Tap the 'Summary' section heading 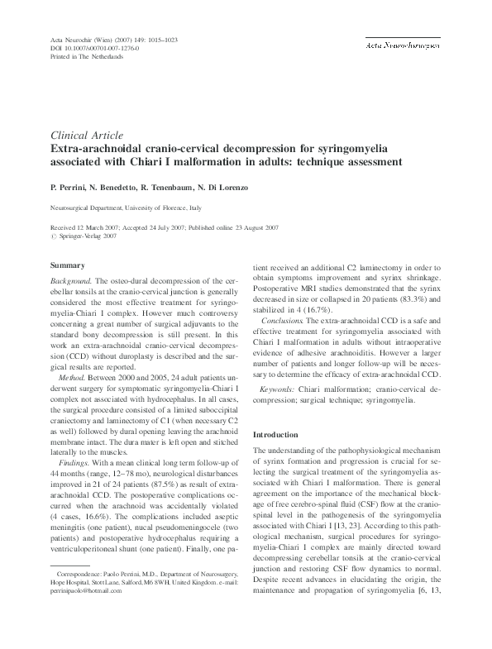tap(68, 265)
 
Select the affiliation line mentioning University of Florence tap(130, 211)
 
